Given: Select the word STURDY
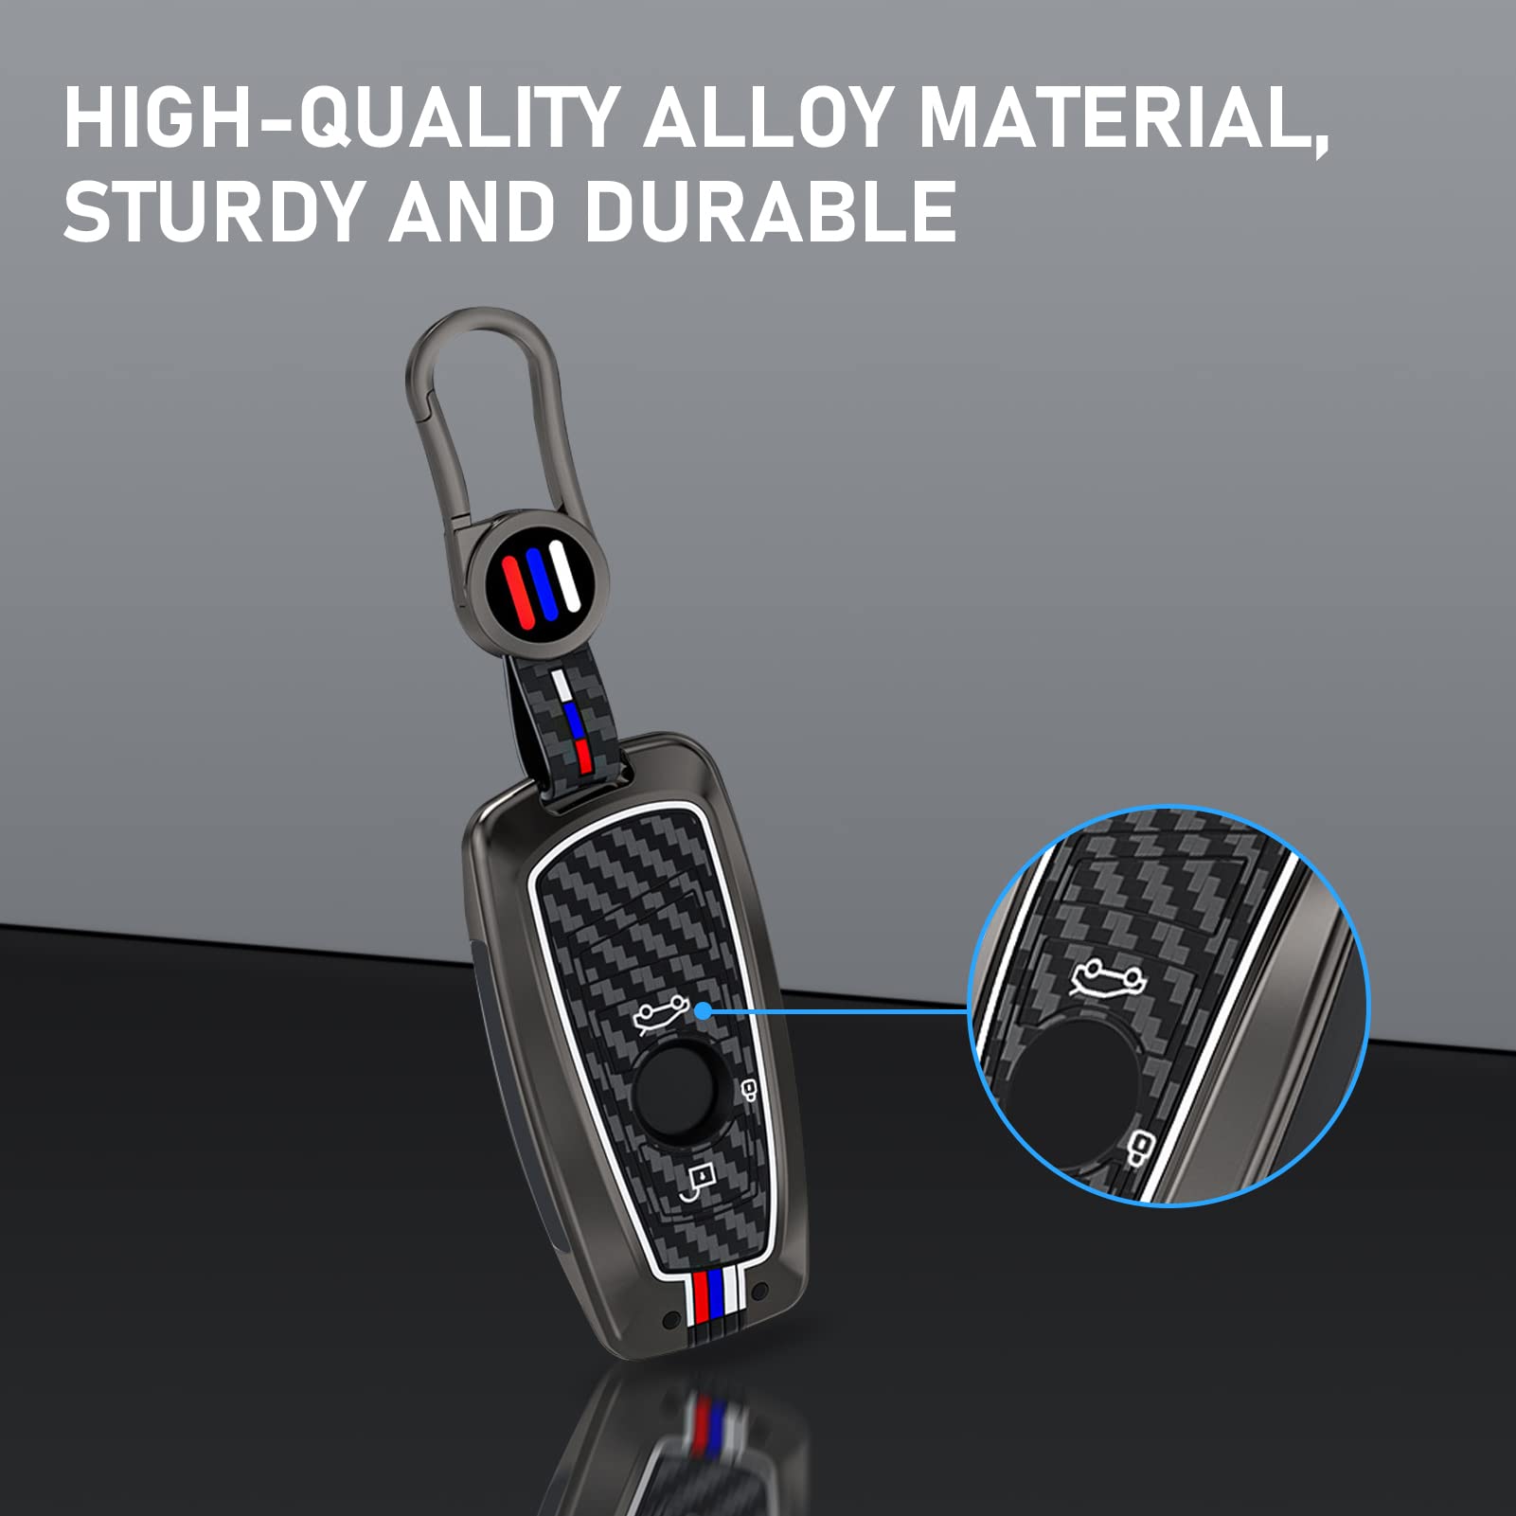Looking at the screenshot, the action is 213,210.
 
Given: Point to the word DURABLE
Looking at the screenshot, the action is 769,210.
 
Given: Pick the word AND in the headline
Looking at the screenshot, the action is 471,210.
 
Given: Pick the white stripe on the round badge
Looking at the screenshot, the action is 565,572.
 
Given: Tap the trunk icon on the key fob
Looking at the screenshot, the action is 660,1016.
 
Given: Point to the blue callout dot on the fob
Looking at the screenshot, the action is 703,1010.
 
